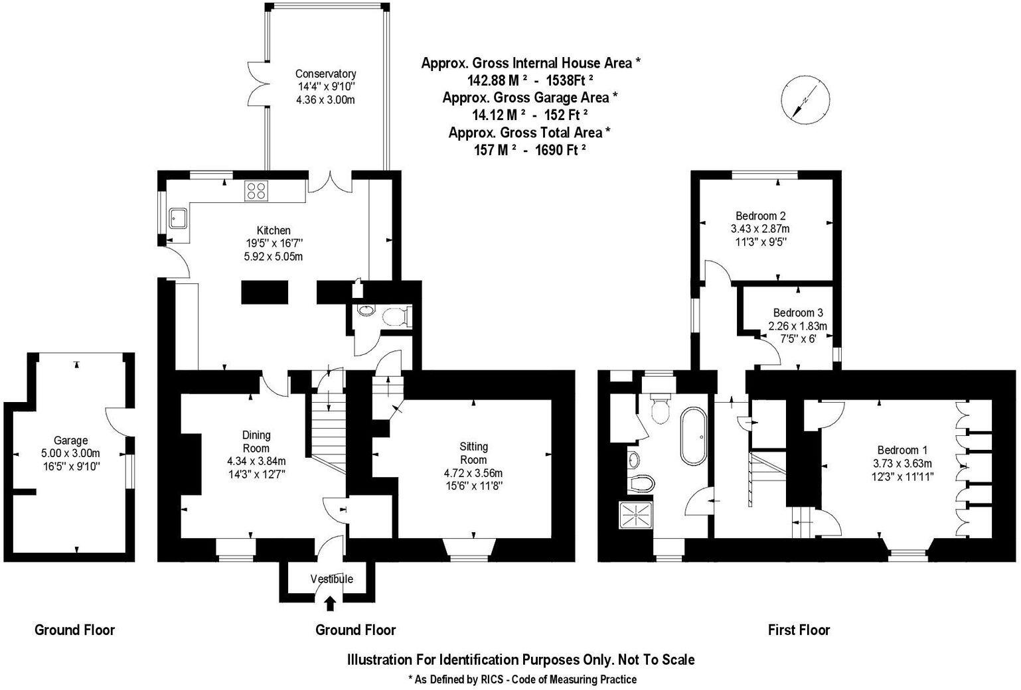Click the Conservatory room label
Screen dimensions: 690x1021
(x=325, y=74)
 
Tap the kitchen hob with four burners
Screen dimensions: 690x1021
(x=256, y=190)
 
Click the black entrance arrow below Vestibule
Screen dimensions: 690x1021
(x=331, y=603)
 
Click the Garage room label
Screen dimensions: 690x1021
(x=71, y=441)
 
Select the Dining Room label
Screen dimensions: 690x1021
(x=256, y=441)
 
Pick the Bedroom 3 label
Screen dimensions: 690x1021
(x=798, y=312)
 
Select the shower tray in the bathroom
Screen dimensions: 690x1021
(x=637, y=514)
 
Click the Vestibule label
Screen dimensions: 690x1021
(x=332, y=579)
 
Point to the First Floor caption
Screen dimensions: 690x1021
(x=799, y=630)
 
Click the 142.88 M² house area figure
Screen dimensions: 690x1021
(x=492, y=80)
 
